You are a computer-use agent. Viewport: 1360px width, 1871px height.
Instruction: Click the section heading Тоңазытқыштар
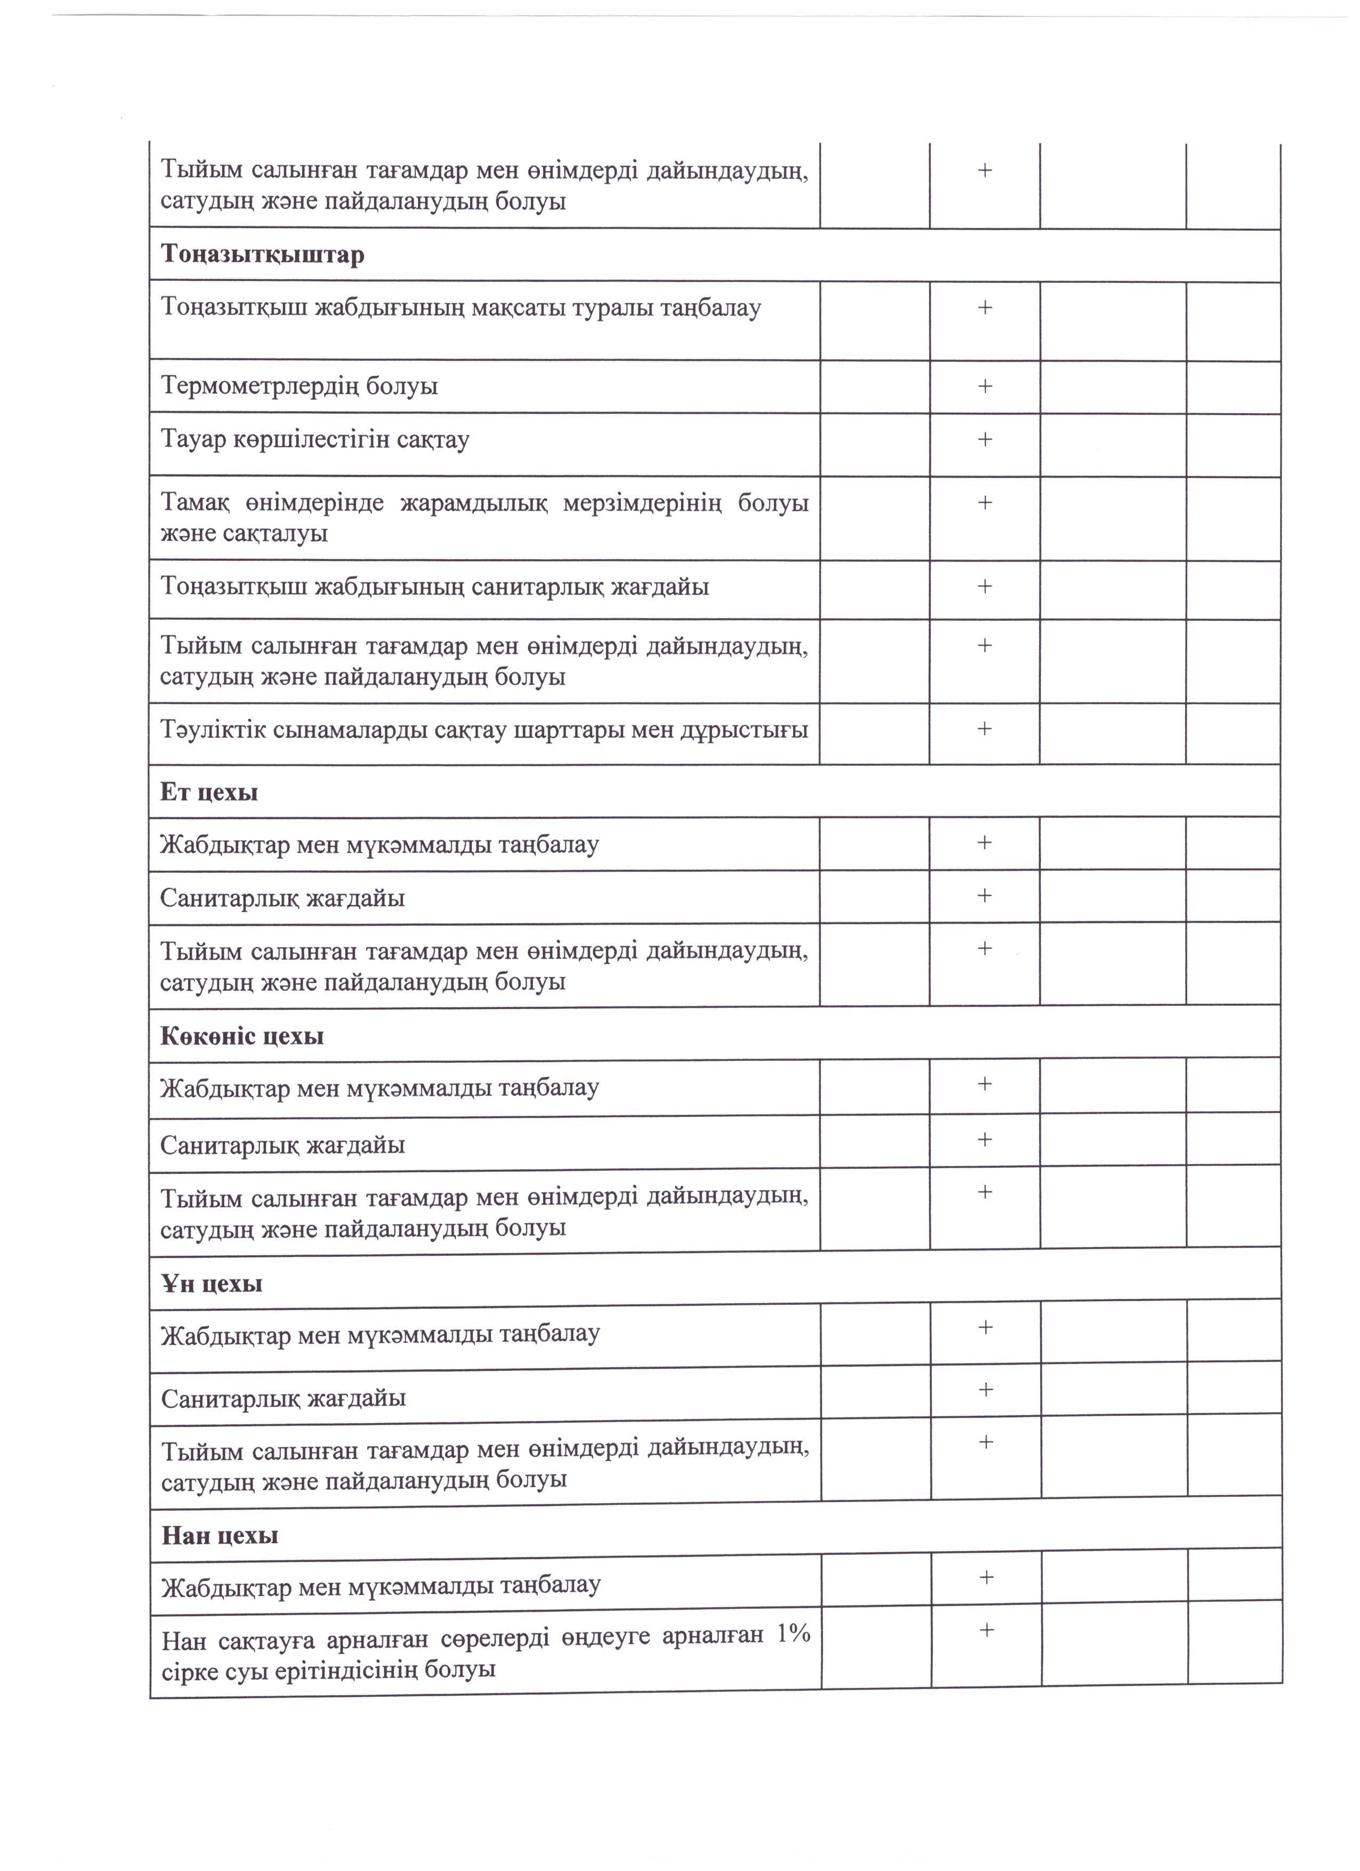[x=262, y=254]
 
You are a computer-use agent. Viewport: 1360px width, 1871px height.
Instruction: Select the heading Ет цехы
[x=209, y=792]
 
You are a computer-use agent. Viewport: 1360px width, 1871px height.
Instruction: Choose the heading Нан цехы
[x=220, y=1535]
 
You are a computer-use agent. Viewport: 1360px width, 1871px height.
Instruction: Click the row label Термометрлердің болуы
[x=298, y=386]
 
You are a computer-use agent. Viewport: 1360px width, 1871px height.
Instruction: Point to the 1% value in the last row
[x=794, y=1633]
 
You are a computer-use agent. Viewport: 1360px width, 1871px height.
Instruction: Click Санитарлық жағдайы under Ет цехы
[x=282, y=898]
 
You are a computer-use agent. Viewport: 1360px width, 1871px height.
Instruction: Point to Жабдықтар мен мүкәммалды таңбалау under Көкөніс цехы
[x=379, y=1088]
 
